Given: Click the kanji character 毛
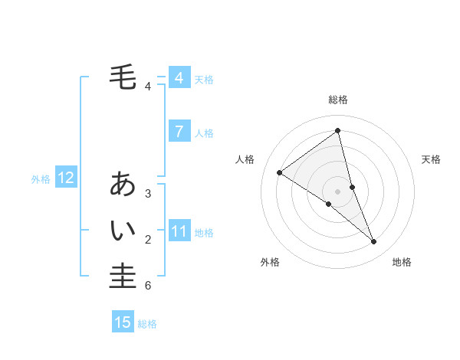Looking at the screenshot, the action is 123,77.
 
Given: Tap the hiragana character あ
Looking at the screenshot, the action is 123,184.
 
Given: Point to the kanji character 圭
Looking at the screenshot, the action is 123,276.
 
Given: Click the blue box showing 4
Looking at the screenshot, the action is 179,78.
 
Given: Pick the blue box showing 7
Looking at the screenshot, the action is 179,132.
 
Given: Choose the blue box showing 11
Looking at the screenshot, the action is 179,231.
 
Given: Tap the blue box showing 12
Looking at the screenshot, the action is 65,178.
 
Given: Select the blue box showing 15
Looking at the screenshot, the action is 123,322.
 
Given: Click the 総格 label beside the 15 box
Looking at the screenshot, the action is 147,324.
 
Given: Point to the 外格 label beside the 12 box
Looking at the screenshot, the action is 41,179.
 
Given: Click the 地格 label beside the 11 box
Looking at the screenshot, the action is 204,232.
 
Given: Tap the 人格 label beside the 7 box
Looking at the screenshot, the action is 204,133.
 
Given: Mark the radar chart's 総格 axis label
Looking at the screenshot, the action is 337,100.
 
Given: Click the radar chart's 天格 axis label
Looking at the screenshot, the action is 431,159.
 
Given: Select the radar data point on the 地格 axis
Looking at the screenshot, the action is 374,241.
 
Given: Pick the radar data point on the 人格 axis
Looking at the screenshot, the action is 279,172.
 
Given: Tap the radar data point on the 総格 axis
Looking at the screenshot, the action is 337,130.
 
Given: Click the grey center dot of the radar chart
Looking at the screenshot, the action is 337,191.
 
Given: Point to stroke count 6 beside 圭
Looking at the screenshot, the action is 148,286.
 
